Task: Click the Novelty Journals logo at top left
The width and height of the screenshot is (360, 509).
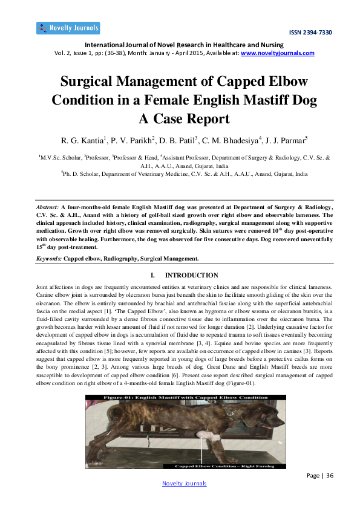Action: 68,28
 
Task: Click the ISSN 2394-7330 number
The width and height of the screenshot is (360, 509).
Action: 310,32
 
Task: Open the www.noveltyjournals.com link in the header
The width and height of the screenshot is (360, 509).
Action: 278,53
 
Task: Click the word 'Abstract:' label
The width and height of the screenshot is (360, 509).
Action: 48,207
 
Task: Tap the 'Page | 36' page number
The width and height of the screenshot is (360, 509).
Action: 321,476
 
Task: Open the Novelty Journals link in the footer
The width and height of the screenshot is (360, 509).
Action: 185,483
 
